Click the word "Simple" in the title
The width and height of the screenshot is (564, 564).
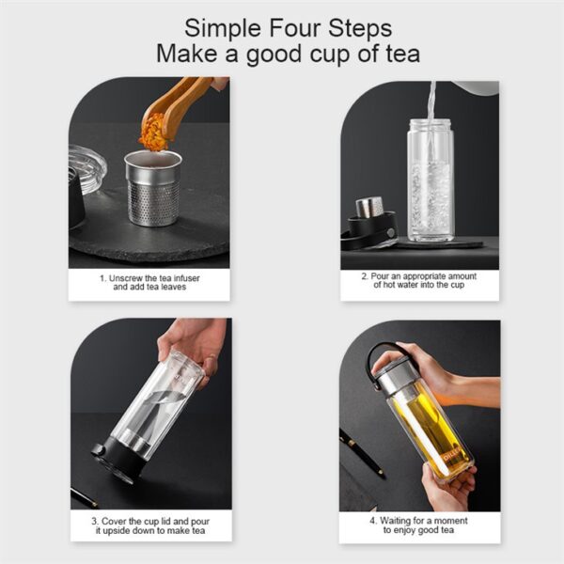click(x=223, y=29)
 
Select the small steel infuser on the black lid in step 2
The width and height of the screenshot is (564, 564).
click(x=369, y=207)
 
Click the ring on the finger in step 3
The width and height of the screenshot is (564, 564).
click(x=211, y=357)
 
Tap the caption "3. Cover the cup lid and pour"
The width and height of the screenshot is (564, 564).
click(x=150, y=521)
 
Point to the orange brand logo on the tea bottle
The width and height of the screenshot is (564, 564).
click(x=450, y=456)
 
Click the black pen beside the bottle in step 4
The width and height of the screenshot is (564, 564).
click(x=361, y=450)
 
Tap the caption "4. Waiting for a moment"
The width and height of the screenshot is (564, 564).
click(x=418, y=521)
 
